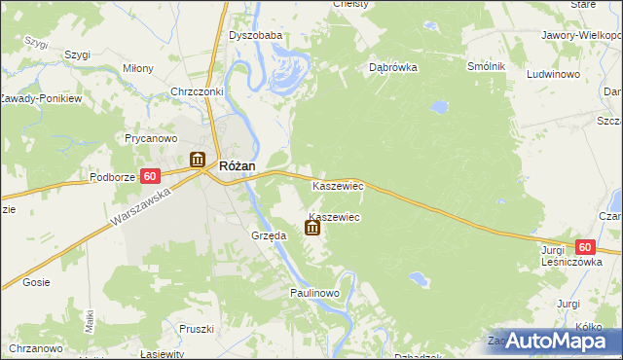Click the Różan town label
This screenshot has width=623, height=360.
pyautogui.click(x=238, y=165)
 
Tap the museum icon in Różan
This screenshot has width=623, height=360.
pyautogui.click(x=198, y=160)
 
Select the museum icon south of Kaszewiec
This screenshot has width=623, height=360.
pyautogui.click(x=311, y=229)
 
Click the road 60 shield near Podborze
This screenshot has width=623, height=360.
pyautogui.click(x=149, y=176)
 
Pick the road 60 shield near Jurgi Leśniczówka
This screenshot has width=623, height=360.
pyautogui.click(x=584, y=248)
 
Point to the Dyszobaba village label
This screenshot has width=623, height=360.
pyautogui.click(x=255, y=36)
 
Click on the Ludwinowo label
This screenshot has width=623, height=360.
pyautogui.click(x=553, y=73)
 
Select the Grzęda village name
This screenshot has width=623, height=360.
pyautogui.click(x=269, y=235)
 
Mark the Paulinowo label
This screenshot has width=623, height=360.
pyautogui.click(x=313, y=292)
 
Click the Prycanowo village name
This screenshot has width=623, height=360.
pyautogui.click(x=150, y=138)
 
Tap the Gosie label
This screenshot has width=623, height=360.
pyautogui.click(x=35, y=282)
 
